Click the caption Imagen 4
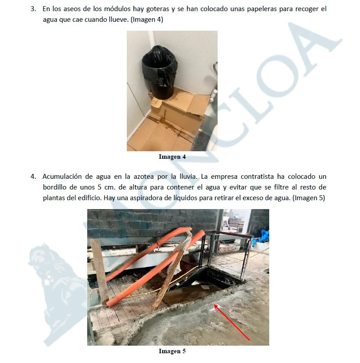172,157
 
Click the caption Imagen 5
172,351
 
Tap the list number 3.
33,9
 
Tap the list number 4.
33,177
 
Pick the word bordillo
54,187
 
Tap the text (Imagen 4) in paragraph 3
147,20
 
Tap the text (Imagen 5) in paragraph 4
309,198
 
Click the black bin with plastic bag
160,72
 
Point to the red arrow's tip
214,305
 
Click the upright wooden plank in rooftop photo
100,272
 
